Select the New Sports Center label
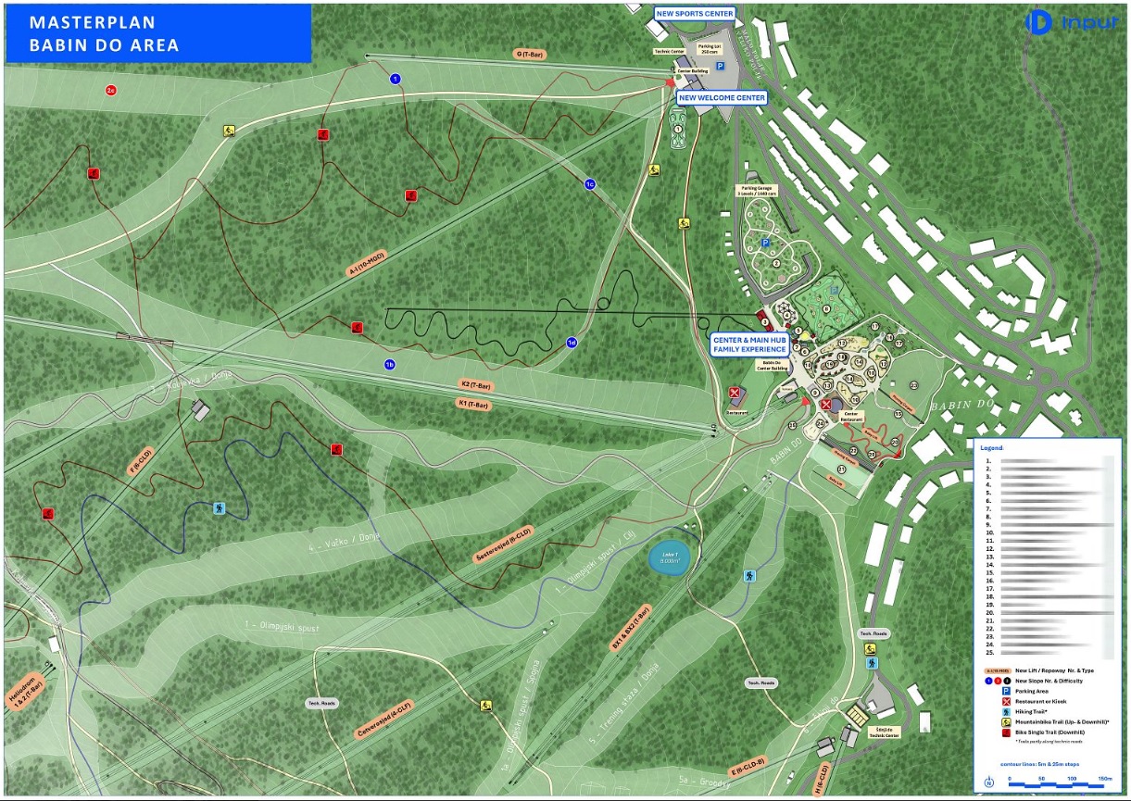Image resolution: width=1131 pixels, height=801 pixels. point(694,14)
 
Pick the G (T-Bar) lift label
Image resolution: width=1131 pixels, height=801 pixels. point(529,54)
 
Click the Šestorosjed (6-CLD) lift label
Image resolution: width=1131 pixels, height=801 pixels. point(504,545)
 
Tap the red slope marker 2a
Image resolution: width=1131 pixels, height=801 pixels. point(111,90)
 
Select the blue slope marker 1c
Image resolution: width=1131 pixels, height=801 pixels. point(589,184)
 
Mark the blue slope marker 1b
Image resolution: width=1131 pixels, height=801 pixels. point(390,365)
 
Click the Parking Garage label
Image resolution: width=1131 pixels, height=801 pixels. point(759,191)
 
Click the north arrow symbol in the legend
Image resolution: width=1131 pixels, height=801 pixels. point(988,782)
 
